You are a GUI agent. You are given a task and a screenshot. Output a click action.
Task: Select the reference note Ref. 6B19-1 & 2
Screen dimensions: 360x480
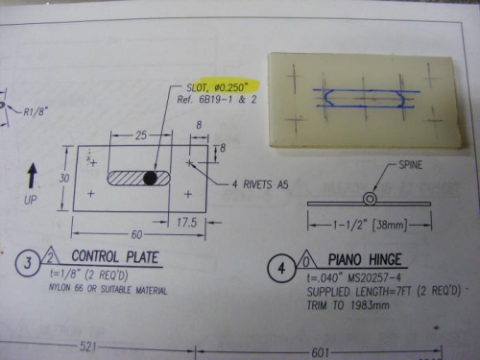coord(212,101)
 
